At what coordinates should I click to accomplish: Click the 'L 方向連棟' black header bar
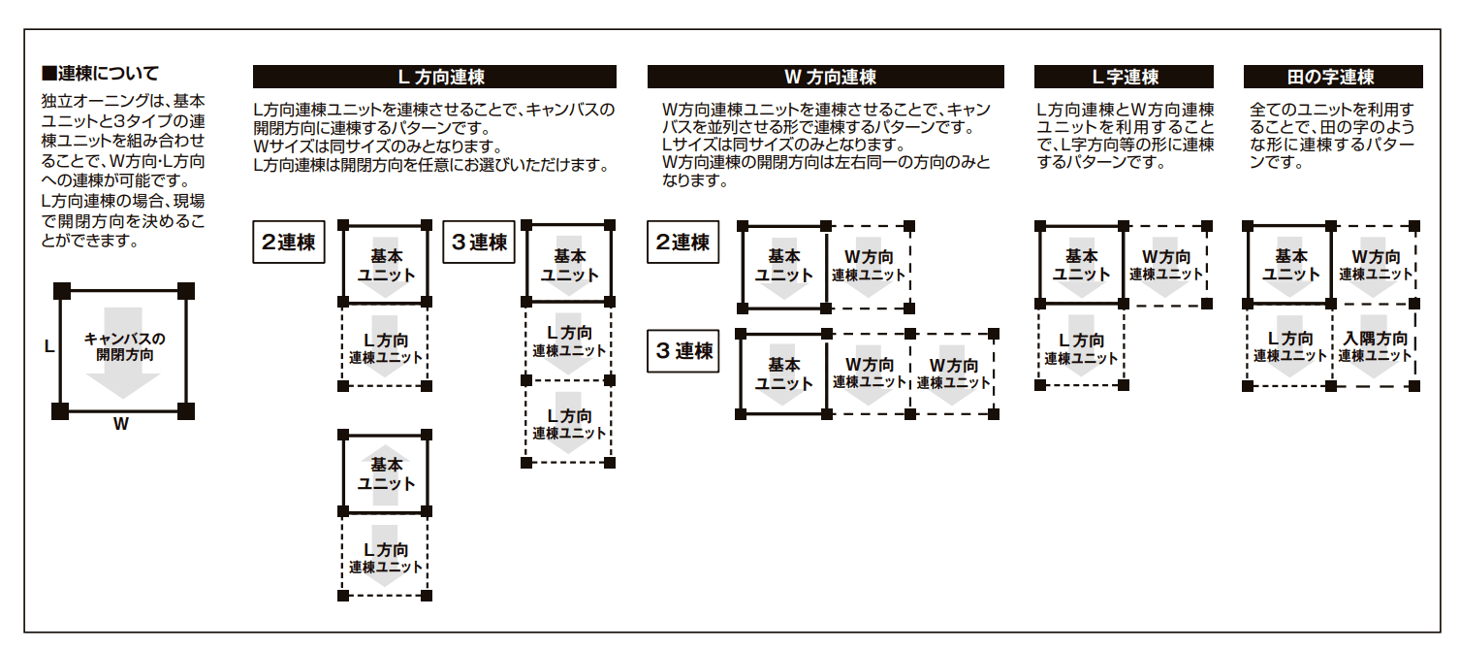pyautogui.click(x=434, y=78)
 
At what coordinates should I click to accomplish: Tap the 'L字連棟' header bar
pyautogui.click(x=1124, y=78)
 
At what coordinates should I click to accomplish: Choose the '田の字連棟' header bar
pyautogui.click(x=1333, y=78)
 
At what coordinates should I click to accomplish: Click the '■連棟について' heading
pyautogui.click(x=100, y=74)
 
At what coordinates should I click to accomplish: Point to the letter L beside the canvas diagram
pyautogui.click(x=48, y=344)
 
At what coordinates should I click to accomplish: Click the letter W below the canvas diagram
pyautogui.click(x=120, y=424)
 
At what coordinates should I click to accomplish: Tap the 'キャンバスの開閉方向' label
pyautogui.click(x=124, y=346)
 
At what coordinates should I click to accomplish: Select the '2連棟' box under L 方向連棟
pyautogui.click(x=289, y=243)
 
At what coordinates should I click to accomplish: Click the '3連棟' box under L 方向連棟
pyautogui.click(x=480, y=243)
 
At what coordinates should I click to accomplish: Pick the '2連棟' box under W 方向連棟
pyautogui.click(x=682, y=243)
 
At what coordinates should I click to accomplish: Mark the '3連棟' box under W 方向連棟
pyautogui.click(x=682, y=350)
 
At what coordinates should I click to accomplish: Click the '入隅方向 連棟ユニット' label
pyautogui.click(x=1376, y=347)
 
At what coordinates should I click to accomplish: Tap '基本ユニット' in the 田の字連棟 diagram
pyautogui.click(x=1290, y=265)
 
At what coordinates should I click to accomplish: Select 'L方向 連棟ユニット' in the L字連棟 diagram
pyautogui.click(x=1081, y=348)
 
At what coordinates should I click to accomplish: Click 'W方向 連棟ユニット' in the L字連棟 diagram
pyautogui.click(x=1165, y=265)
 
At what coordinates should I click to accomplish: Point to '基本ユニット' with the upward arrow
pyautogui.click(x=386, y=473)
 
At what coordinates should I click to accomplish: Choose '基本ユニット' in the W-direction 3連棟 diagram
pyautogui.click(x=784, y=374)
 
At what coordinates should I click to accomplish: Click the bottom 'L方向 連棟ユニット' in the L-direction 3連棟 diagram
pyautogui.click(x=569, y=424)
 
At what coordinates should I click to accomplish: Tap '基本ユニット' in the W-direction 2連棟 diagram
pyautogui.click(x=784, y=265)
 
